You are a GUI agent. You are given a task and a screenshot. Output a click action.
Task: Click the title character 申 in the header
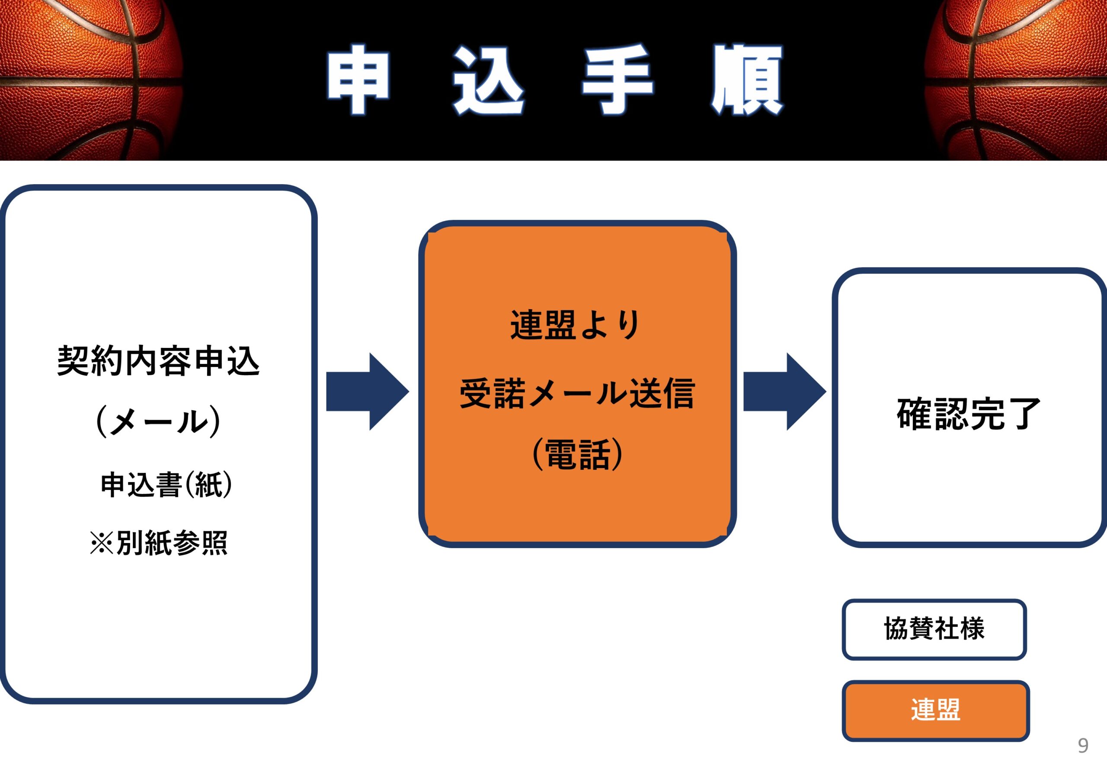click(x=358, y=80)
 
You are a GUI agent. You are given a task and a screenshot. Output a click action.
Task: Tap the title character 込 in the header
click(x=488, y=80)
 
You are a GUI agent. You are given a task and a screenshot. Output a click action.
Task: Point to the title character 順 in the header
click(x=747, y=80)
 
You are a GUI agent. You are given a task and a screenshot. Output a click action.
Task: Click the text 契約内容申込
click(x=158, y=361)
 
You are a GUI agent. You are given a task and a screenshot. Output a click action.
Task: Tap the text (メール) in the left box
click(x=158, y=421)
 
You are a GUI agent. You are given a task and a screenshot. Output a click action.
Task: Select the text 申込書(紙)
click(x=166, y=485)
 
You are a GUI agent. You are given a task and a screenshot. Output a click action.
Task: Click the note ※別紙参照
click(x=158, y=543)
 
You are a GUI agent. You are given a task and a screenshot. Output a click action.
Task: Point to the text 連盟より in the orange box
click(x=575, y=325)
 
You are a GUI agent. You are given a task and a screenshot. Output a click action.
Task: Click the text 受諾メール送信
click(x=577, y=393)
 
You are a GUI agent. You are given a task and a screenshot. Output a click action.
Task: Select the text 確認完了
click(x=968, y=414)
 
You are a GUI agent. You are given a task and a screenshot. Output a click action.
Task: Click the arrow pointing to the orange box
click(x=368, y=392)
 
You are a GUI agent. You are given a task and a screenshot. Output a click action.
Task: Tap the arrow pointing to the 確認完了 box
click(x=785, y=392)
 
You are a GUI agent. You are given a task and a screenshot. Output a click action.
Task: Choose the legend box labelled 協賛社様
click(x=934, y=629)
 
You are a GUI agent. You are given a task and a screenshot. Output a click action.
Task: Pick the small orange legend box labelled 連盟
click(x=936, y=711)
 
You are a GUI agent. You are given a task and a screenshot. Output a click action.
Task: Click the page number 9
click(x=1083, y=745)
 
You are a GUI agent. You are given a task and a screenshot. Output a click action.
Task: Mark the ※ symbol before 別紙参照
click(x=102, y=543)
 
